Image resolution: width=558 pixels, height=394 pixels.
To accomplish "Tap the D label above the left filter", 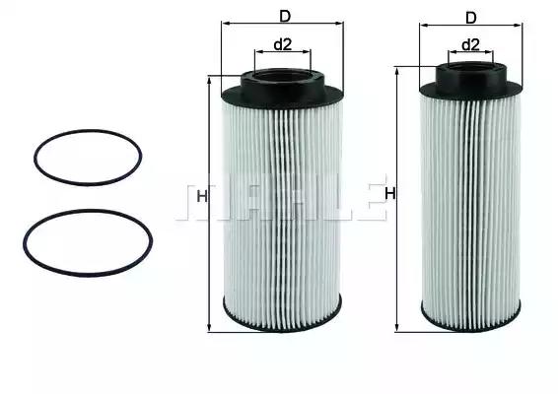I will (x=285, y=15).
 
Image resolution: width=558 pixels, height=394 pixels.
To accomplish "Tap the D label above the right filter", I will (x=470, y=17).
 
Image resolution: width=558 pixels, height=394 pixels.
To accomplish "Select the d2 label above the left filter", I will (x=282, y=43).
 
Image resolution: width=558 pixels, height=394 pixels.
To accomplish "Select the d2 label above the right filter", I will (x=470, y=44).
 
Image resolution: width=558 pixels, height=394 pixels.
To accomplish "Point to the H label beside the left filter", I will (x=202, y=197).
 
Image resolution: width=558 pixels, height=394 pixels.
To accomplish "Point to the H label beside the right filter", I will (x=389, y=193).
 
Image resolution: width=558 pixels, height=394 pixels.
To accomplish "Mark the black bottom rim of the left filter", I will (x=282, y=329).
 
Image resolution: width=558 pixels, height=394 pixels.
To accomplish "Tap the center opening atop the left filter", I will (x=282, y=73).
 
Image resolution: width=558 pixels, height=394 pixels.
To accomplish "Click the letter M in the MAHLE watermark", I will (x=196, y=199).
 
